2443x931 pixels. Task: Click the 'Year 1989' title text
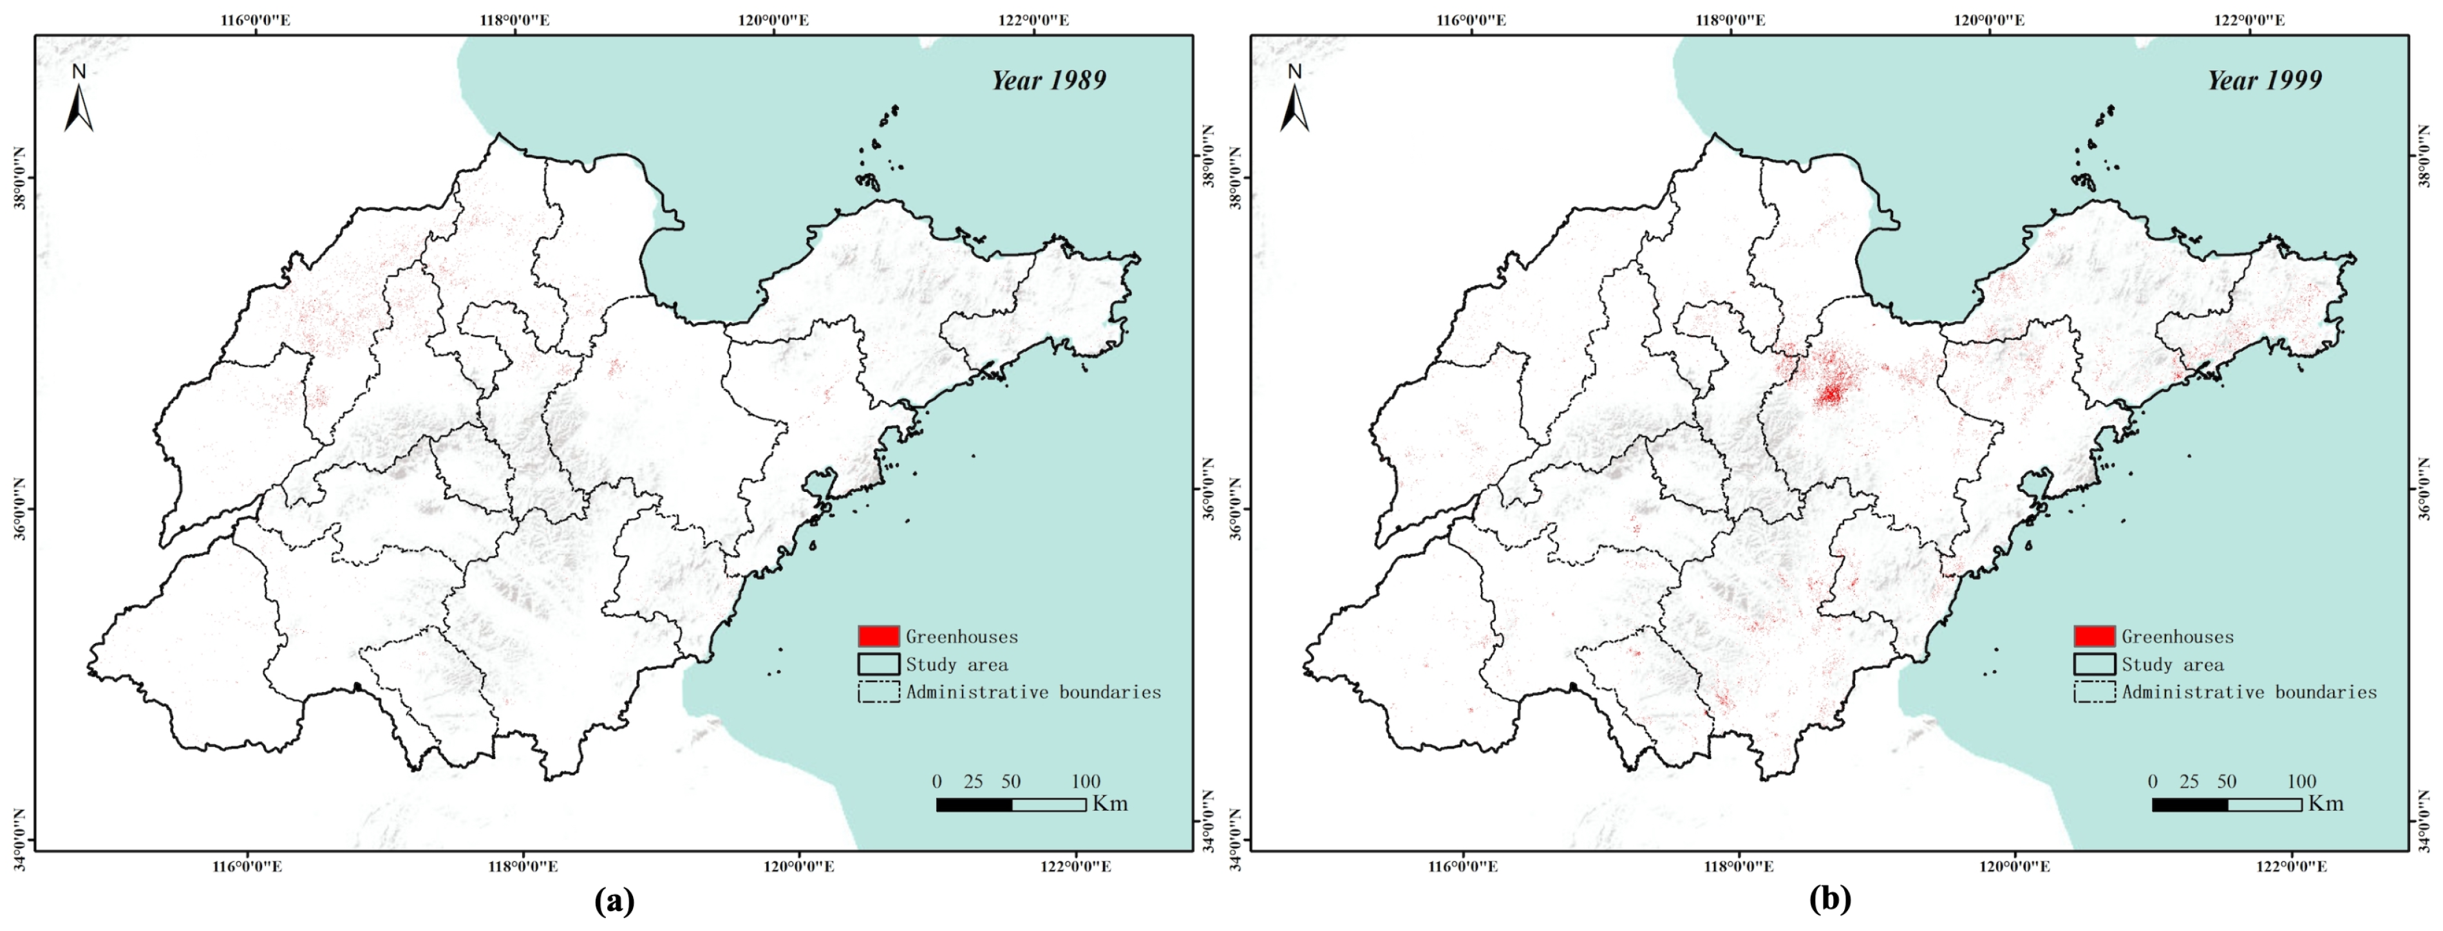click(1049, 80)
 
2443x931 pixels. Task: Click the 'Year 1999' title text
click(2265, 80)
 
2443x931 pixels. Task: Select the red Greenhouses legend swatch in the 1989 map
click(878, 636)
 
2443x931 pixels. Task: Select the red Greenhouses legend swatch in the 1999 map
click(2094, 636)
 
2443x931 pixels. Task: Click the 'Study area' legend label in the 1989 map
click(956, 664)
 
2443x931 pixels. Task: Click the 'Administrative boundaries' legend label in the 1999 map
click(2250, 692)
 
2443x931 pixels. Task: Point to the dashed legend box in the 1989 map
click(878, 692)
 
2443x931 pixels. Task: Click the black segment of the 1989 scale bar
click(974, 805)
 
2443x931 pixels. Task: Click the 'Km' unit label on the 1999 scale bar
click(2325, 804)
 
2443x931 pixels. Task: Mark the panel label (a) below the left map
click(614, 899)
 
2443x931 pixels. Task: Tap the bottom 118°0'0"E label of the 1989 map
click(523, 867)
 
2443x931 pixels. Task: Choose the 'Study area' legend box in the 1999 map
click(2094, 664)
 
